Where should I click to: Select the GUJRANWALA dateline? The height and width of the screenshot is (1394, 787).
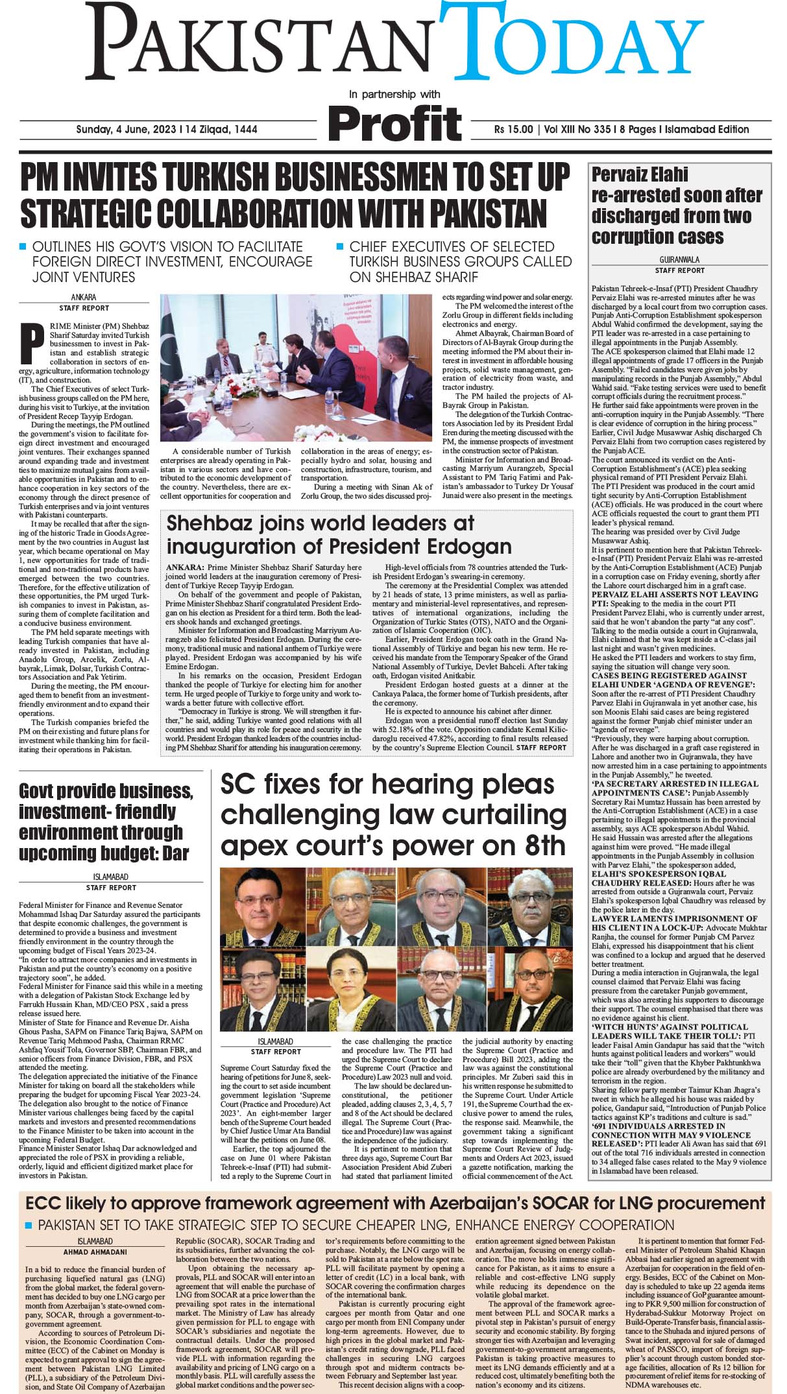679,259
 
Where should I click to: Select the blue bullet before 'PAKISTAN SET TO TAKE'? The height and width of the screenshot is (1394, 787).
28,1224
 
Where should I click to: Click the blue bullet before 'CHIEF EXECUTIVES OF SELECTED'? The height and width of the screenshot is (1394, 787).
339,246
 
